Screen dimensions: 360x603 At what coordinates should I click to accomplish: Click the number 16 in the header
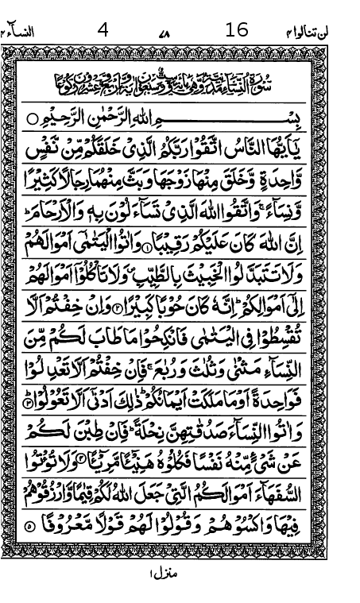[237, 30]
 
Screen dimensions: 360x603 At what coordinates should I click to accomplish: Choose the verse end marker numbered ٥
[30, 526]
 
